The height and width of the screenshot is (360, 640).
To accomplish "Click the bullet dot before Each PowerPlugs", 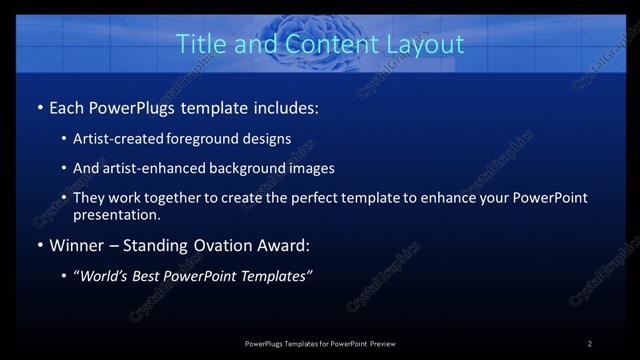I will click(x=38, y=106).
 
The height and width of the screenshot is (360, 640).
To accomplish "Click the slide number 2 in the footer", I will click(x=590, y=344).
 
